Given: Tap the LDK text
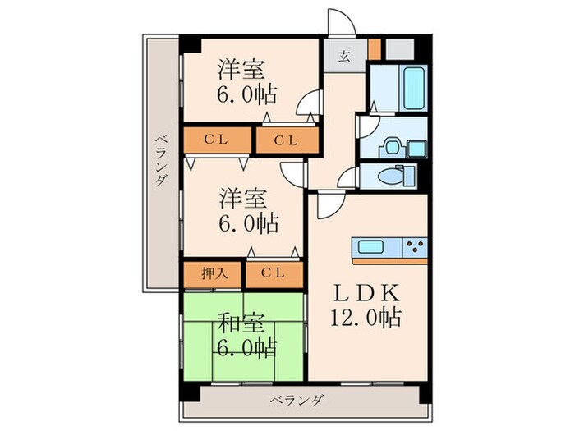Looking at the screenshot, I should click(366, 293).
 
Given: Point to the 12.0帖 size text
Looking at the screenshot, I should click(367, 318).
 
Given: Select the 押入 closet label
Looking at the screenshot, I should click(213, 273).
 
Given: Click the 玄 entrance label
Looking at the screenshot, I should click(344, 56).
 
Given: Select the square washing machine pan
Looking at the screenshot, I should click(416, 148).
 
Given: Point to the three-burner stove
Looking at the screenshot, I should click(414, 245).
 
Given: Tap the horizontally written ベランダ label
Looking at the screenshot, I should click(297, 400).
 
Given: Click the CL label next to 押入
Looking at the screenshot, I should click(274, 273).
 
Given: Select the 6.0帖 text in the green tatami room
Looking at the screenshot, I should click(243, 346).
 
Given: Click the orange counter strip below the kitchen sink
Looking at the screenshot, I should click(390, 259).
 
